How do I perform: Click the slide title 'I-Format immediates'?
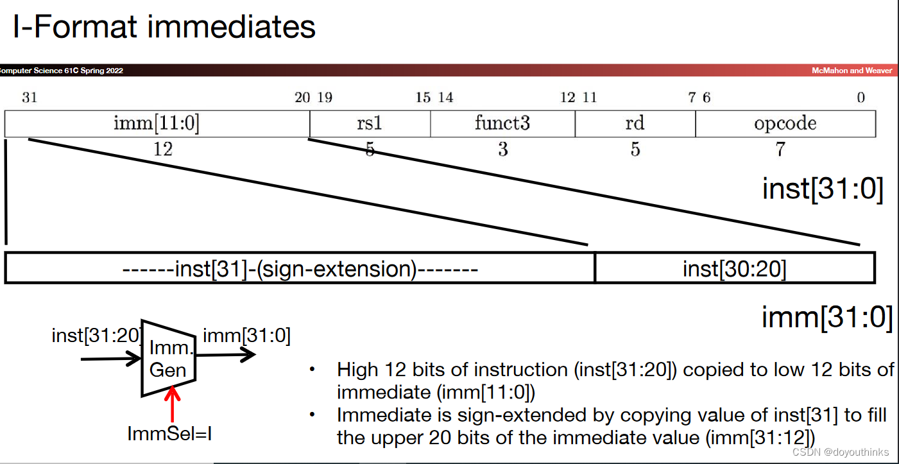[164, 27]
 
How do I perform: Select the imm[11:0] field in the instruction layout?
[157, 123]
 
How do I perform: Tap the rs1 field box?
[370, 123]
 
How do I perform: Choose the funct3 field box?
[502, 123]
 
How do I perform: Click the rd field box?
[635, 123]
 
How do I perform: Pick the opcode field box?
[785, 123]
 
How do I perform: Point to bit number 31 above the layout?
[30, 98]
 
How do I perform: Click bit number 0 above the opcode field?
[861, 98]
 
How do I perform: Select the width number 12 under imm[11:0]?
[162, 150]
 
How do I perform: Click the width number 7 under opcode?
[780, 150]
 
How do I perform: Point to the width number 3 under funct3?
[503, 150]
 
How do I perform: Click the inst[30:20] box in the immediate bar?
[734, 268]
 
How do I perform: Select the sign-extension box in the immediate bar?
[300, 268]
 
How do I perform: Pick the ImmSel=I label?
[169, 434]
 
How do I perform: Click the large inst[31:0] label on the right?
[823, 189]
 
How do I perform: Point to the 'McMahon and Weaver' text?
[852, 71]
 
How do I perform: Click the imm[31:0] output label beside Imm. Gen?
[246, 335]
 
